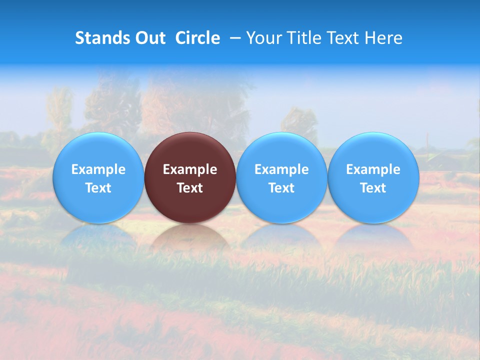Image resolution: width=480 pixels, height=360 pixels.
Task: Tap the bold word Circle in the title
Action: click(x=197, y=38)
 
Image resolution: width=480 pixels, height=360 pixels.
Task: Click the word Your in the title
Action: click(x=262, y=38)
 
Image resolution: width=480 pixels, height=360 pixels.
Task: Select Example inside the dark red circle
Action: click(x=190, y=169)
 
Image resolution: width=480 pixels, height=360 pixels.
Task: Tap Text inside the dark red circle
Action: click(x=190, y=188)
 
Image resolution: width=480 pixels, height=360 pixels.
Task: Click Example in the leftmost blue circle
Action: click(x=98, y=169)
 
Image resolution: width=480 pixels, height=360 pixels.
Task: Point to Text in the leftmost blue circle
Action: click(x=98, y=188)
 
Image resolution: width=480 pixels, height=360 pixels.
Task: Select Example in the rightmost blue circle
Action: click(x=373, y=169)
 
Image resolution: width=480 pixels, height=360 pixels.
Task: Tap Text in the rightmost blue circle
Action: click(x=373, y=188)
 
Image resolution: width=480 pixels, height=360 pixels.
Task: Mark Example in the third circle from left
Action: click(x=281, y=169)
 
